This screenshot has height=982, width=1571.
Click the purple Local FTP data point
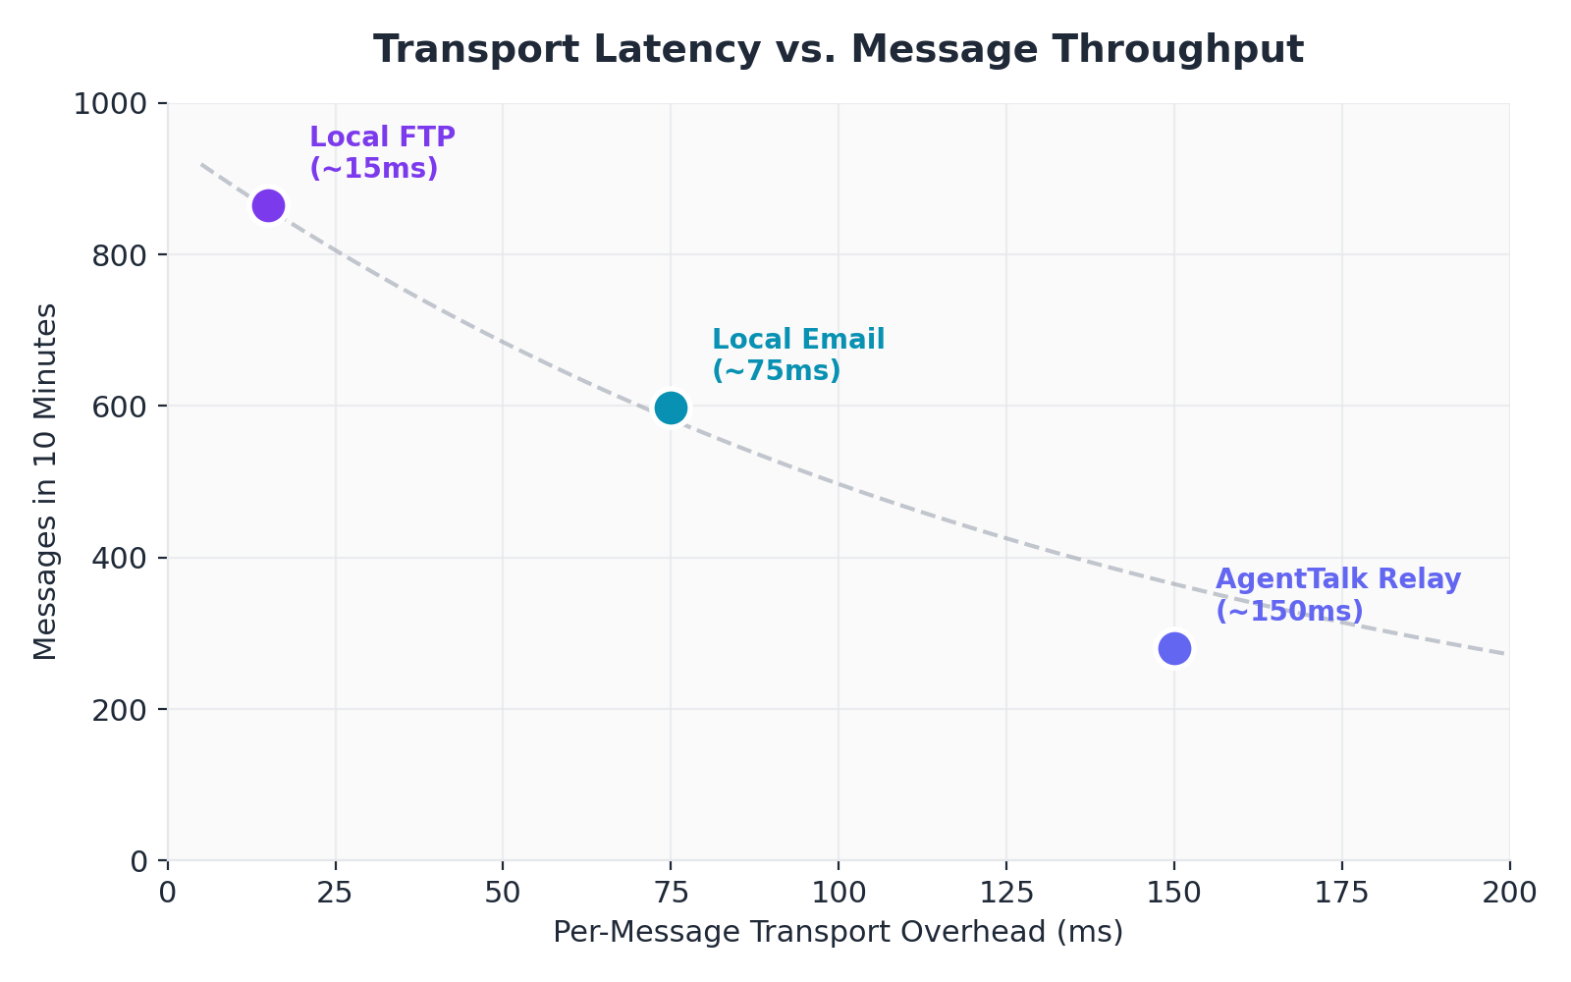[268, 205]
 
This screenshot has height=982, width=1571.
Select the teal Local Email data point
[671, 408]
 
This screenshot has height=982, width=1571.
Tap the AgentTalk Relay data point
[1174, 648]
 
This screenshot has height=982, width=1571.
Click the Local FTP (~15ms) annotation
[382, 152]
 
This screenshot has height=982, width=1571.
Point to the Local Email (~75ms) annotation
[797, 355]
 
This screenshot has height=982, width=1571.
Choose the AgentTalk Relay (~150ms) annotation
[1337, 595]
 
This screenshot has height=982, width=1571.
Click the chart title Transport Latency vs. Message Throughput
[838, 49]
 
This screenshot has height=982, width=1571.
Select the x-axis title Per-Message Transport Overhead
[838, 932]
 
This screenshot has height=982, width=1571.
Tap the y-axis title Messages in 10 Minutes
[45, 481]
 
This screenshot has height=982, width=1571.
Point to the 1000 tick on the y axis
[109, 103]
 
